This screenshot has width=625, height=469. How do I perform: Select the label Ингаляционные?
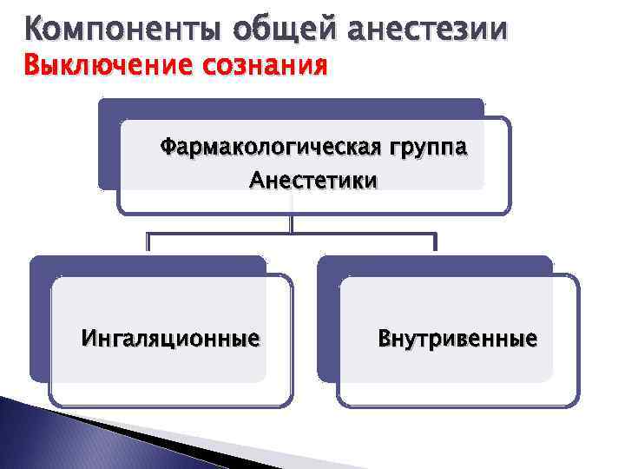(x=170, y=337)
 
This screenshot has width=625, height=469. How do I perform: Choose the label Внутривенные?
(x=457, y=337)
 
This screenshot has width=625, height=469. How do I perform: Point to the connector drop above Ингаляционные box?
(x=148, y=242)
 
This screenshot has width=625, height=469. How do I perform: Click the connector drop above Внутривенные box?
(x=436, y=242)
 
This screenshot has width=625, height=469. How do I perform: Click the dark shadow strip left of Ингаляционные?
(x=40, y=321)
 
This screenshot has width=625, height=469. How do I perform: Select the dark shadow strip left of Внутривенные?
(x=327, y=321)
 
